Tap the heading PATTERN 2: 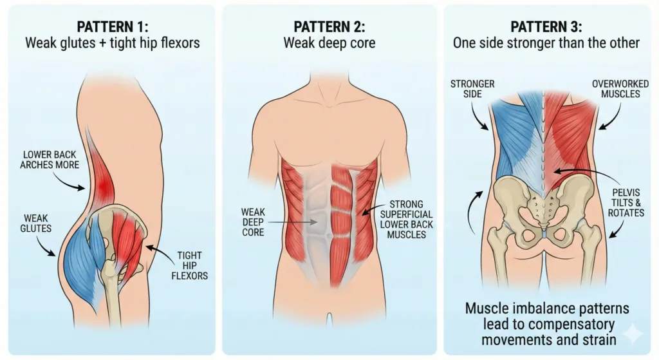tap(329, 27)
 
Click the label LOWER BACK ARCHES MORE tap(51, 160)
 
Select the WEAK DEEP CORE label tap(253, 222)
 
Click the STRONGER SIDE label tap(472, 89)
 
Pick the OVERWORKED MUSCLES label tap(615, 89)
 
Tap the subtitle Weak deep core tap(329, 44)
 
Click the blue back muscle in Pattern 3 tap(508, 135)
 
